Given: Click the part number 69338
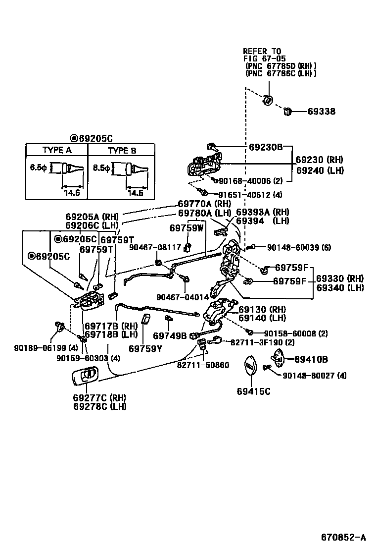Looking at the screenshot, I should [x=321, y=112].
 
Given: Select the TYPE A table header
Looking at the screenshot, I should [x=57, y=151].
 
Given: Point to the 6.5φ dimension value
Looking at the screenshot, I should [x=38, y=168].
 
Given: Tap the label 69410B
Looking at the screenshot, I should [x=311, y=359].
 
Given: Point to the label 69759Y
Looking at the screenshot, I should [x=145, y=349].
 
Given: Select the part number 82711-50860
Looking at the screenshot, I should [x=203, y=365].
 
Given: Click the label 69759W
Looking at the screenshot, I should [x=186, y=228].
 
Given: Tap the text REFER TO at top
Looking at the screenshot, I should [x=262, y=51].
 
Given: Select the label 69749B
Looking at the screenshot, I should [x=170, y=335].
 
